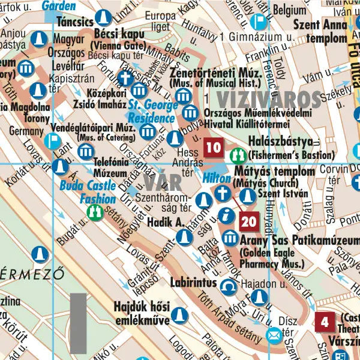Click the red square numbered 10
(213, 147)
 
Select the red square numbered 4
(325, 322)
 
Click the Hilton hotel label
(216, 179)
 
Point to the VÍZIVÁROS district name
(269, 98)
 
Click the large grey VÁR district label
(160, 180)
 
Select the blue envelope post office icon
(274, 335)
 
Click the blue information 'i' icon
(227, 215)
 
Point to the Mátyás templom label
(274, 172)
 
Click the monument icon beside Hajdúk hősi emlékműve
(178, 314)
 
